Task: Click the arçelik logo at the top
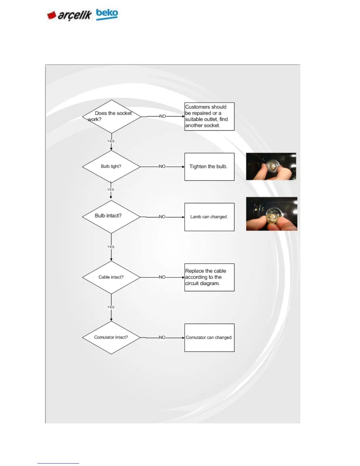pos(69,15)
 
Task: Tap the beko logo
pos(107,14)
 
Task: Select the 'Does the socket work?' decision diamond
pos(111,116)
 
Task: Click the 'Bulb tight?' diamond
pos(111,167)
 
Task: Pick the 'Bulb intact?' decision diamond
pos(111,217)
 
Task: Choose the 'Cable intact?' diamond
pos(111,277)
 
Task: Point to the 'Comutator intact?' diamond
pos(111,337)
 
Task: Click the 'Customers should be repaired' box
pos(209,116)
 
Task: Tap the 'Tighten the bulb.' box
pos(209,167)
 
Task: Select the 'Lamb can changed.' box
pos(209,217)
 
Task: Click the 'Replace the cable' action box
pos(209,277)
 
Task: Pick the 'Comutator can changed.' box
pos(209,338)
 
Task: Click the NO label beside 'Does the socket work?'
pos(163,116)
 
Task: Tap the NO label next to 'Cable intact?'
pos(162,277)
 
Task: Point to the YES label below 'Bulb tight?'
pos(111,190)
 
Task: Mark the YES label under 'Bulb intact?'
pos(111,247)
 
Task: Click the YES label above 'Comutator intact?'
pos(111,307)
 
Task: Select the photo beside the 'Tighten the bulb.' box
pos(271,167)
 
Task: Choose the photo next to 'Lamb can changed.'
pos(272,214)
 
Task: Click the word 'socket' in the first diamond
pos(124,113)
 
